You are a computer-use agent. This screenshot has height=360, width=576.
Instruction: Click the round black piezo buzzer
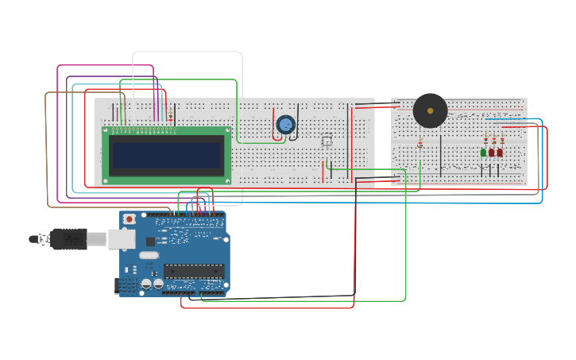430,110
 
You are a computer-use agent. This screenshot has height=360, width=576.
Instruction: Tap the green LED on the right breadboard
483,153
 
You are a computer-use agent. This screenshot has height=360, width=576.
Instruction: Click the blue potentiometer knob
285,124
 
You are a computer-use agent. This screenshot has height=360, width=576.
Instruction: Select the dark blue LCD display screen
167,155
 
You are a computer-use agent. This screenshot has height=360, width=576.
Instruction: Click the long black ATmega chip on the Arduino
193,271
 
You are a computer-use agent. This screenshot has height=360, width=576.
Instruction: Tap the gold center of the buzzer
430,110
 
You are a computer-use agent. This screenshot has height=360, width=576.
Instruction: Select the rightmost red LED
500,153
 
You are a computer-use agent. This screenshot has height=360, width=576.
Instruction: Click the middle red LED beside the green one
492,153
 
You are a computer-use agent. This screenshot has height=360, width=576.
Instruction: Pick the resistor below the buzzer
420,144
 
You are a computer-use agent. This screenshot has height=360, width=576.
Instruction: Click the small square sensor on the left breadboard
327,141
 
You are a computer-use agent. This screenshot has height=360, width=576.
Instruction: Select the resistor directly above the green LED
485,139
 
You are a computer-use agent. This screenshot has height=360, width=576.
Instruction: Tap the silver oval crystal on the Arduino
149,255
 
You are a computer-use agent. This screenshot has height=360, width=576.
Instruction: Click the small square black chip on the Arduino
150,241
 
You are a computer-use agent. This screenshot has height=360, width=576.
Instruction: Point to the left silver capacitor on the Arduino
146,284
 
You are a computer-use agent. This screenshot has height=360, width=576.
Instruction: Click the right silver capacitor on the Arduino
158,284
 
